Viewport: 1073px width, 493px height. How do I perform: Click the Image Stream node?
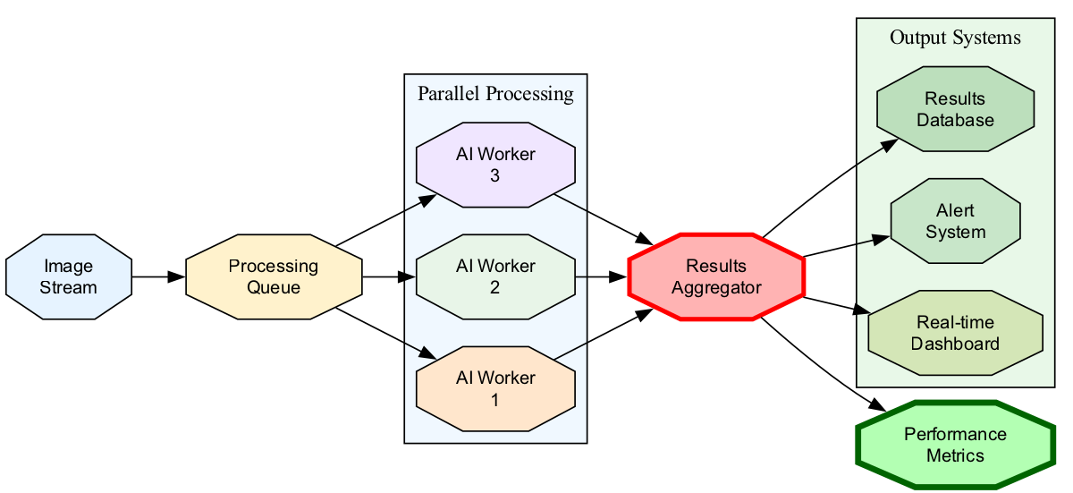tap(68, 277)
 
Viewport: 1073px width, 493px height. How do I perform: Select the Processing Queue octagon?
tap(274, 277)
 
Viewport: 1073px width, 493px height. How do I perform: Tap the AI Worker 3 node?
tap(495, 166)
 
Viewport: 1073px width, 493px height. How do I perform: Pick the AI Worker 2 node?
tap(495, 277)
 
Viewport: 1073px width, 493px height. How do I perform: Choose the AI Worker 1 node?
tap(495, 389)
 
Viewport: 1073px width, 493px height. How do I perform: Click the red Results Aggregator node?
tap(716, 277)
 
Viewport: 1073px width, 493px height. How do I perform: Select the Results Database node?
tap(955, 109)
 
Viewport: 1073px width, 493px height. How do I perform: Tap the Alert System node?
tap(955, 221)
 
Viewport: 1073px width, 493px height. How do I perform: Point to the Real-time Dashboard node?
tap(955, 333)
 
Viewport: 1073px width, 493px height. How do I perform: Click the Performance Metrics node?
tap(955, 445)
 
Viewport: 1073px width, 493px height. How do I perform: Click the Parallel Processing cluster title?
tap(495, 93)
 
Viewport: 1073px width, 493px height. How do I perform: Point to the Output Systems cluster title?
tap(955, 38)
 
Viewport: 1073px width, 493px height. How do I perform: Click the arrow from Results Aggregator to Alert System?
tap(846, 247)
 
